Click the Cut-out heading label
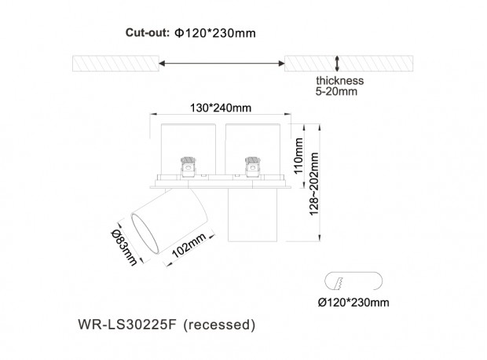pos(148,33)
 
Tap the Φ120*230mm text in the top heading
pos(215,33)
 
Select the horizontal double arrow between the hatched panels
pos(222,64)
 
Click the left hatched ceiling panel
pos(115,64)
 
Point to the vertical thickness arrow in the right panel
pos(337,64)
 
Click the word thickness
pos(340,80)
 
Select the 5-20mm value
pos(336,91)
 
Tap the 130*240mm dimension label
pos(221,108)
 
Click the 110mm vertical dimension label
pos(298,156)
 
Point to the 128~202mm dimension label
pos(314,184)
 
